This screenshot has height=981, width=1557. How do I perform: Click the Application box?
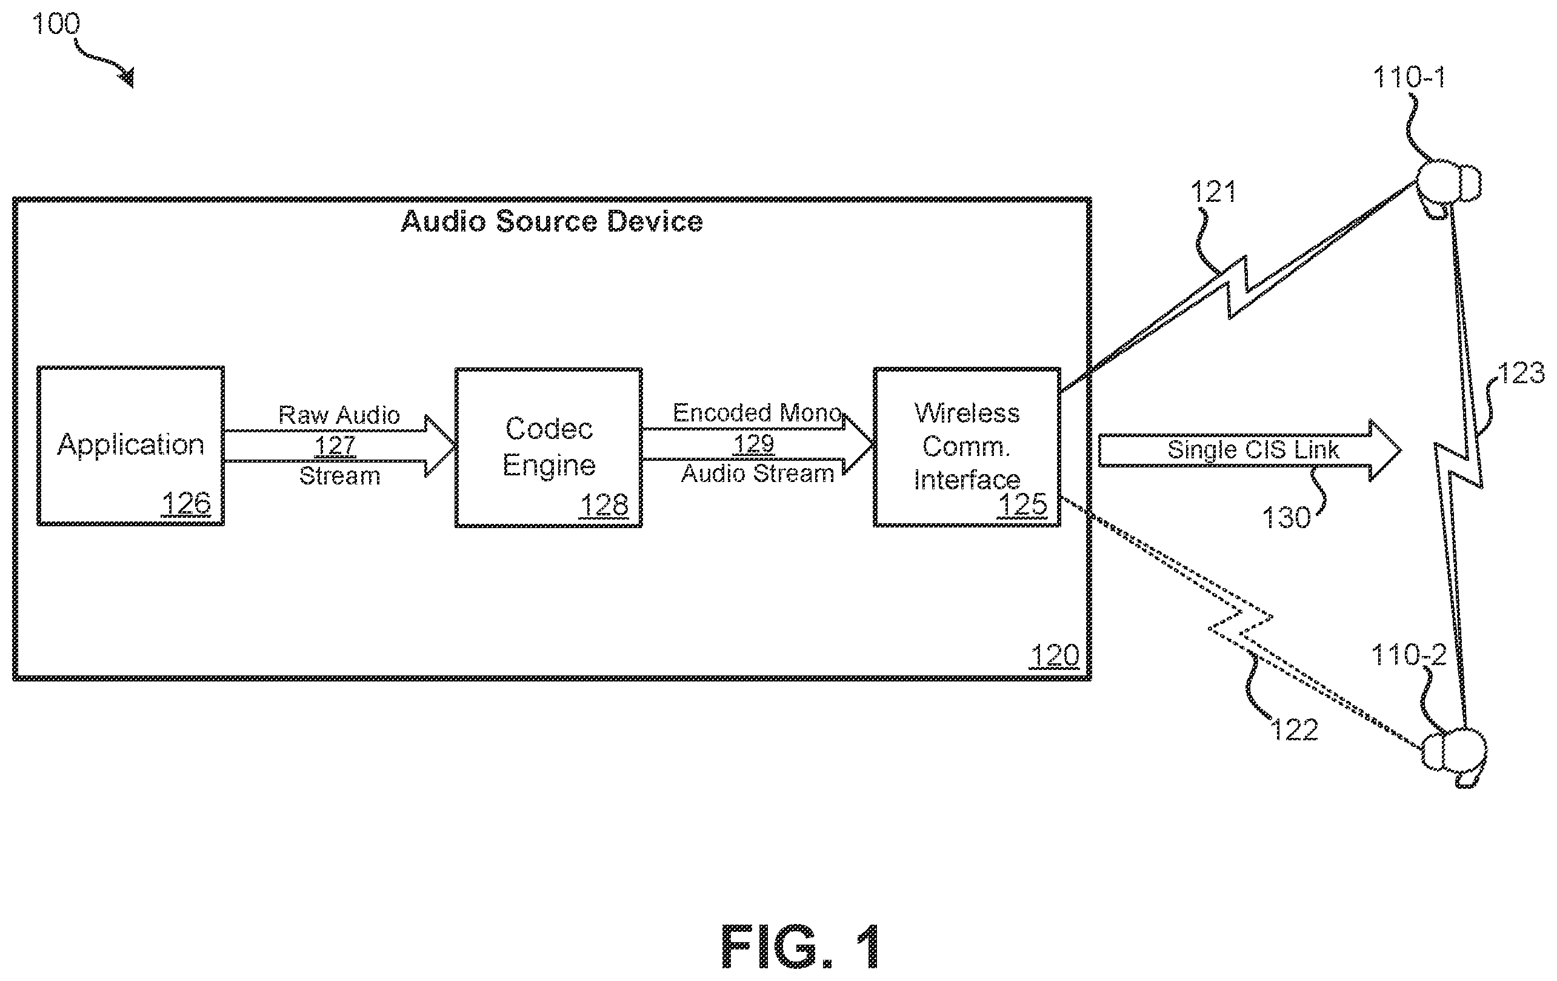(131, 446)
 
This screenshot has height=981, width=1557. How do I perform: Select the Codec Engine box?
(548, 447)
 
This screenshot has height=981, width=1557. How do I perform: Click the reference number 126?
(186, 503)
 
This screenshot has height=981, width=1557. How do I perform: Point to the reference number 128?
(604, 505)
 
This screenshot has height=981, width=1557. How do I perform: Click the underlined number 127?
(335, 445)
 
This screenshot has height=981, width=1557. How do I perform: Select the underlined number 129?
(753, 444)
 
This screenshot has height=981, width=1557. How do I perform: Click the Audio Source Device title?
(552, 221)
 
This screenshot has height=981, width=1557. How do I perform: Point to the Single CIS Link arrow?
(1249, 450)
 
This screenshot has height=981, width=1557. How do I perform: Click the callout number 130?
(1286, 518)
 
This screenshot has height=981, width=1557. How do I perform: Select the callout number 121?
(1213, 192)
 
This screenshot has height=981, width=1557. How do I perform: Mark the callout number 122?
(1294, 729)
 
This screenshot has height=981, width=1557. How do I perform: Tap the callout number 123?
(1521, 373)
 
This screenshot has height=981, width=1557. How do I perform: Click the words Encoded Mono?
(757, 412)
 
